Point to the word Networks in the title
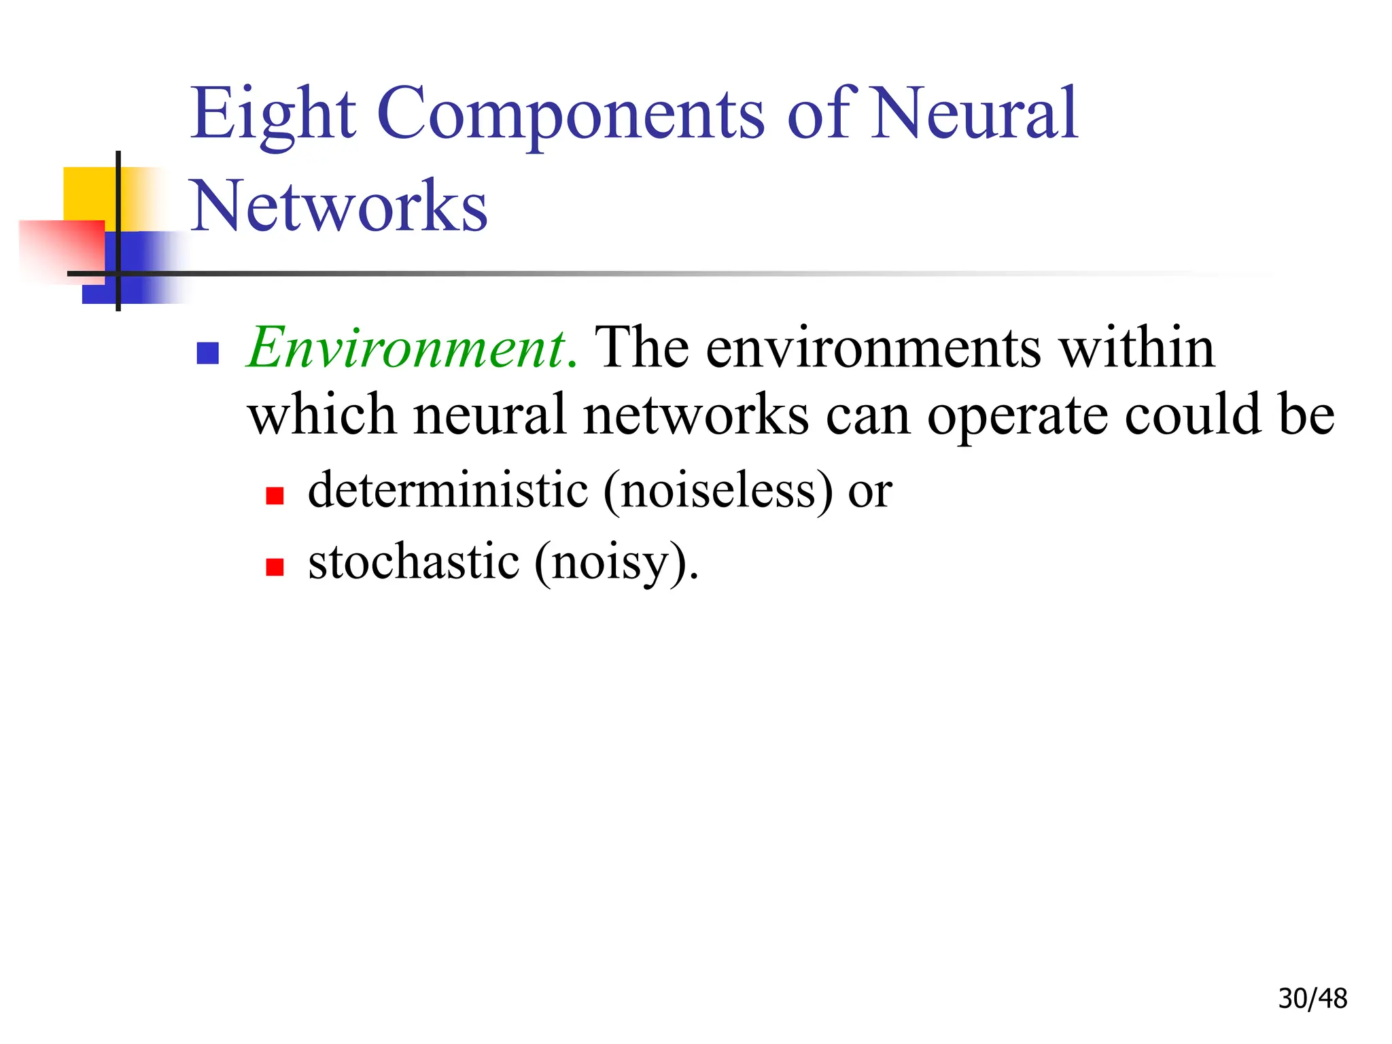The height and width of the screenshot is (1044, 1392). point(338,206)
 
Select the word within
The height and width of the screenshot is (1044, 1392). point(1137,348)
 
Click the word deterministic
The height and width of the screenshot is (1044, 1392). point(448,489)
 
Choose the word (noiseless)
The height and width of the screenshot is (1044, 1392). point(718,491)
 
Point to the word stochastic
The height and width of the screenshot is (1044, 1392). point(414,562)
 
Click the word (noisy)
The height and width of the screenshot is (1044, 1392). point(616,563)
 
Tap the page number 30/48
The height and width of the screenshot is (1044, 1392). point(1312,998)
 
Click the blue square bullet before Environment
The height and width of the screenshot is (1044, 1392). point(207,353)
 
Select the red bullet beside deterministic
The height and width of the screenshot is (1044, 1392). point(275,495)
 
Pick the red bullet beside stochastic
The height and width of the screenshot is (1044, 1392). point(275,567)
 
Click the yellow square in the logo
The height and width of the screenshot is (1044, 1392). point(88,193)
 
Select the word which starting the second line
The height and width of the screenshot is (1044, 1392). point(322,415)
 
